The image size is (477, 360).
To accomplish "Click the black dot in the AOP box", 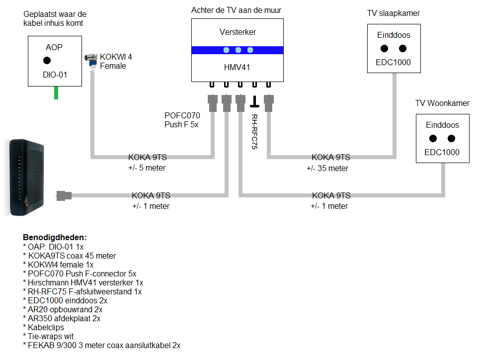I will click(x=47, y=61).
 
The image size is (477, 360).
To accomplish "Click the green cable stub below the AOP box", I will click(x=56, y=92).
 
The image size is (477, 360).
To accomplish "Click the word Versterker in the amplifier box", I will click(x=238, y=32).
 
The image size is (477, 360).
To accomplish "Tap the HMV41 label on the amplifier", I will click(x=238, y=66).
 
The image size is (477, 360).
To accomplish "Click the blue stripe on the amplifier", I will click(x=238, y=50).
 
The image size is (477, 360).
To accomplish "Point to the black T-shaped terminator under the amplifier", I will click(x=254, y=102).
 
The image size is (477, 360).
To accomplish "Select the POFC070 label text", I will click(x=182, y=116).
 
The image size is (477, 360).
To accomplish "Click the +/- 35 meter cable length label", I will click(x=327, y=168).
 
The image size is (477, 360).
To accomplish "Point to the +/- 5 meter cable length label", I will click(x=147, y=168).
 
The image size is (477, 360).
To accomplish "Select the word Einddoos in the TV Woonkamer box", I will click(x=442, y=125).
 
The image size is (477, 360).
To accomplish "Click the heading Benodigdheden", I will click(x=55, y=238).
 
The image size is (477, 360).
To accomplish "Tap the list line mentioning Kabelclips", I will click(x=45, y=327).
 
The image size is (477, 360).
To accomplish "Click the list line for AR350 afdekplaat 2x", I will click(x=62, y=318).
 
